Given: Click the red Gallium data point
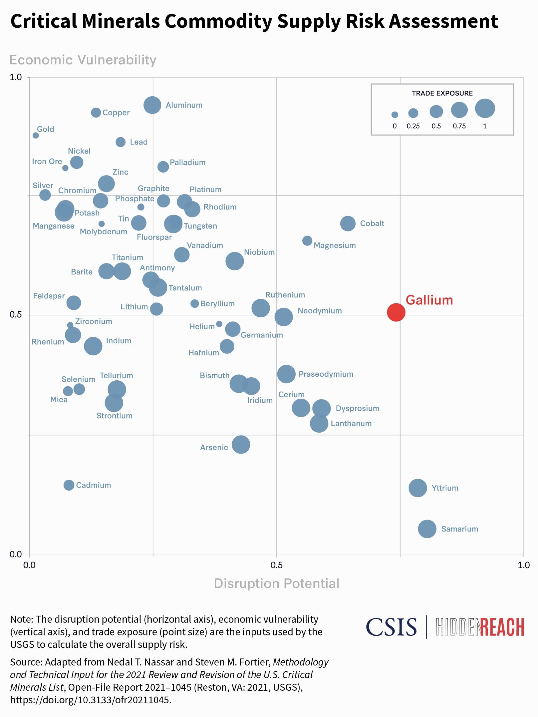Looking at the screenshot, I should tap(396, 312).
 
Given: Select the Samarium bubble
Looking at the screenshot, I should tap(427, 529).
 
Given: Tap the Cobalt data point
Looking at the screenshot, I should tap(348, 223).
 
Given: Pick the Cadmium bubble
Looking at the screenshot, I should tap(69, 485).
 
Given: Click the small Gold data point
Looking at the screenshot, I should tap(36, 135).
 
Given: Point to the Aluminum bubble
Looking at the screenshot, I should tap(152, 105).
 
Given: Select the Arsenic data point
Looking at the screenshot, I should tap(241, 444).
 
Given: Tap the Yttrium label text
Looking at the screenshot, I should tap(445, 488).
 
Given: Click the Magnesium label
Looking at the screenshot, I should tap(334, 245).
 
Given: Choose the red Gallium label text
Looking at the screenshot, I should tap(429, 300).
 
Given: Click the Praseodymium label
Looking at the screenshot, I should tap(326, 374).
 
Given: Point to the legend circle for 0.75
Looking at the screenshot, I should tap(459, 110).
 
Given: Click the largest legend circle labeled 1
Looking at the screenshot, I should tap(485, 108).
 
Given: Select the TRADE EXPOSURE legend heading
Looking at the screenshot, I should tap(442, 93).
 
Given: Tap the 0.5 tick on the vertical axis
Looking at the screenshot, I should tap(16, 315).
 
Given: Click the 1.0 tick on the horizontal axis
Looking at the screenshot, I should tap(523, 565).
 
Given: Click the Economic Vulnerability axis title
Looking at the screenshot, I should tap(83, 60).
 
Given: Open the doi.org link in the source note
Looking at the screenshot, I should tap(91, 700).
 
